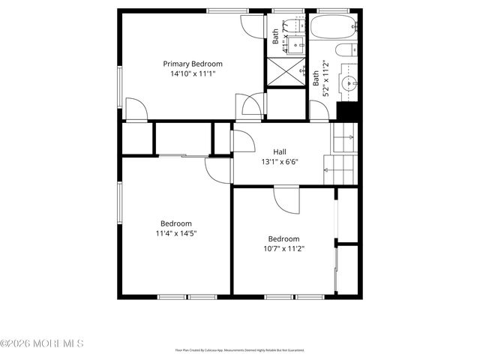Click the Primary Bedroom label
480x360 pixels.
tap(193, 64)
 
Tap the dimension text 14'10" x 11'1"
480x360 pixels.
tap(193, 74)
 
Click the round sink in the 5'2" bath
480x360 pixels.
tap(348, 82)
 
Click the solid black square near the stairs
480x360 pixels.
tap(348, 110)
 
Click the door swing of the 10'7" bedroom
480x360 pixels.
tap(286, 199)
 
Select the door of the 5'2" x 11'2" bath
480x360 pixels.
tap(319, 110)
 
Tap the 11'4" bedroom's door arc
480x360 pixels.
tap(217, 171)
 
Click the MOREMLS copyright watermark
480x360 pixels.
tap(42, 343)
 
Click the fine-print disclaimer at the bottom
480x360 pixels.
tap(239, 349)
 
